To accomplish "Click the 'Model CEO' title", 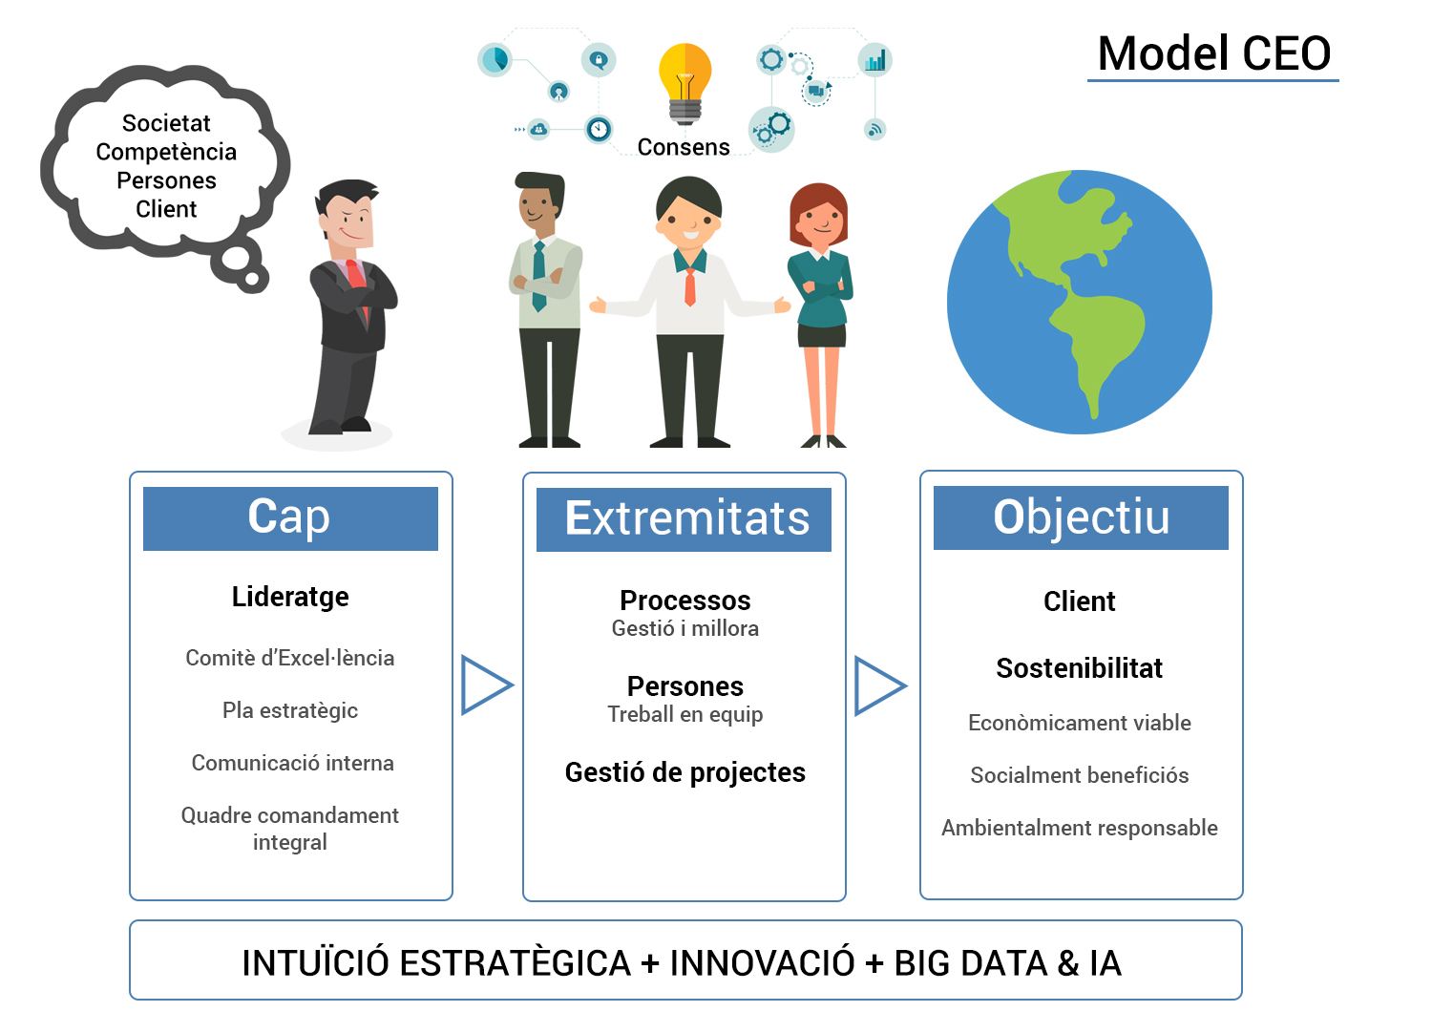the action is pyautogui.click(x=1214, y=53).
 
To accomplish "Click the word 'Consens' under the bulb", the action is pyautogui.click(x=684, y=147).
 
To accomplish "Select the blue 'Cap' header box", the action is pyautogui.click(x=290, y=518).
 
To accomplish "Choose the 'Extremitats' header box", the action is pyautogui.click(x=684, y=519).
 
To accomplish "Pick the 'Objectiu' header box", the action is pyautogui.click(x=1081, y=517).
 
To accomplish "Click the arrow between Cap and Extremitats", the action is pyautogui.click(x=487, y=685).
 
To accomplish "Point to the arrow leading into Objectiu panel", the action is pyautogui.click(x=880, y=685).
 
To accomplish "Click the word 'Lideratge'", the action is pyautogui.click(x=290, y=597).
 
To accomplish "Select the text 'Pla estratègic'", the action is pyautogui.click(x=290, y=711).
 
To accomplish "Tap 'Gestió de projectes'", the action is pyautogui.click(x=684, y=772).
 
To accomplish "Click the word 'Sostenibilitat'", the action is pyautogui.click(x=1079, y=668).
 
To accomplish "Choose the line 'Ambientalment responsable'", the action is pyautogui.click(x=1079, y=829).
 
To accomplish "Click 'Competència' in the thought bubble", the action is pyautogui.click(x=166, y=152).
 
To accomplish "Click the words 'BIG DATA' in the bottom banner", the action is pyautogui.click(x=970, y=963).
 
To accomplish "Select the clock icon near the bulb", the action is pyautogui.click(x=599, y=130).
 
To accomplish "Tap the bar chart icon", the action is pyautogui.click(x=874, y=61).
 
